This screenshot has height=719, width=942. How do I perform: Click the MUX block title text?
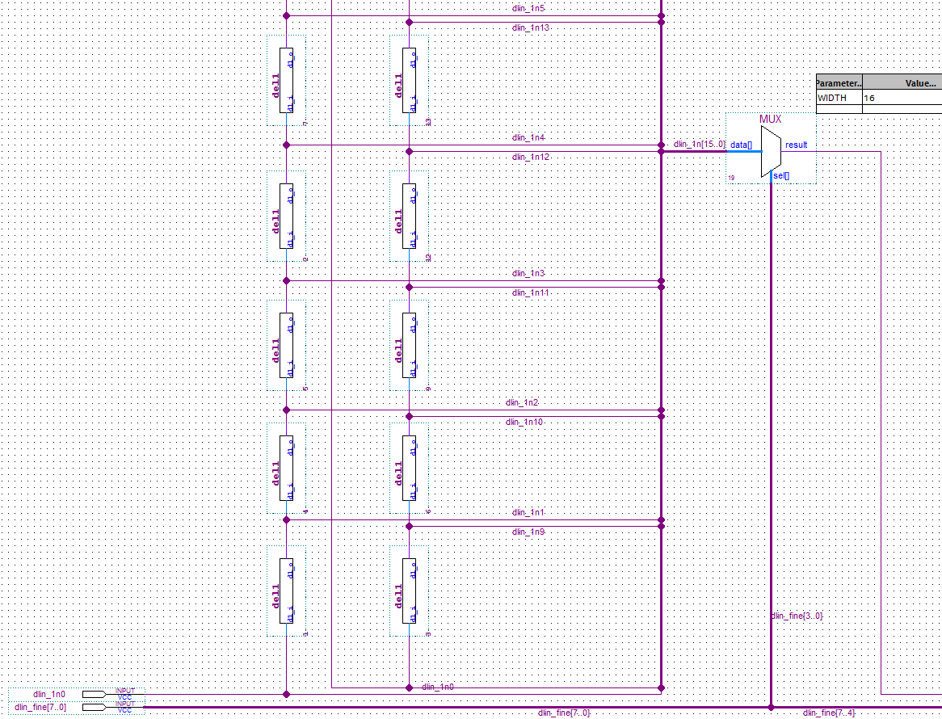[x=770, y=119]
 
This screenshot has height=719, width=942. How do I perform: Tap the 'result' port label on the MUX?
[x=796, y=145]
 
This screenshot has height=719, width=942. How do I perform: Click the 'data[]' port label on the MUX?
[x=741, y=145]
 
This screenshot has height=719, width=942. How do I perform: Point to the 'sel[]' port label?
[x=781, y=175]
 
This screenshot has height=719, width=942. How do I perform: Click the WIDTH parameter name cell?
[x=833, y=98]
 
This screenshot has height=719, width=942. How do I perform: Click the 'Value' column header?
[x=919, y=82]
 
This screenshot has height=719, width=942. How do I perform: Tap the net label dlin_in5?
[x=529, y=8]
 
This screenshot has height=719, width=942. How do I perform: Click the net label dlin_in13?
[x=532, y=27]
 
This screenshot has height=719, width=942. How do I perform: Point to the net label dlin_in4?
[x=529, y=137]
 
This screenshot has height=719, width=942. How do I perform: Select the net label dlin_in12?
[x=531, y=157]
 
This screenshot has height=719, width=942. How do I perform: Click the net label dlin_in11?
[x=531, y=292]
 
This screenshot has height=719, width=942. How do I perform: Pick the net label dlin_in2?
[x=522, y=402]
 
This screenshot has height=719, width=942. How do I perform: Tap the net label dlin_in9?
[x=528, y=532]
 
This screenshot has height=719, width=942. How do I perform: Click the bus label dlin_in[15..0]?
[x=699, y=145]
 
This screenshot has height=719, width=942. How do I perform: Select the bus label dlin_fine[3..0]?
[x=797, y=616]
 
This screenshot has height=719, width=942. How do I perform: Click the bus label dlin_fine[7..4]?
[x=829, y=713]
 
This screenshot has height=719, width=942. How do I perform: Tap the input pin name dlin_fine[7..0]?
[x=40, y=708]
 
